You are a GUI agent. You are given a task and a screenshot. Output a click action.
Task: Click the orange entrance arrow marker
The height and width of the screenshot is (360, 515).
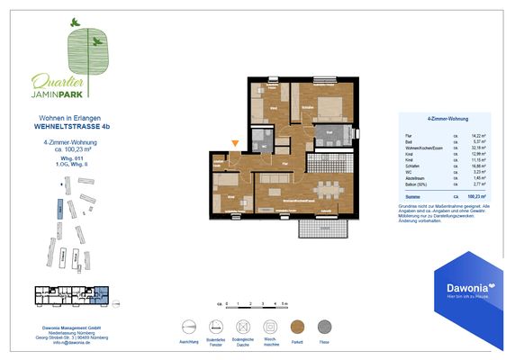pos(236,142)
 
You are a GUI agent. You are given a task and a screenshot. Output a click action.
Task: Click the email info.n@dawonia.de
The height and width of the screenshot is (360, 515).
pos(69,343)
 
